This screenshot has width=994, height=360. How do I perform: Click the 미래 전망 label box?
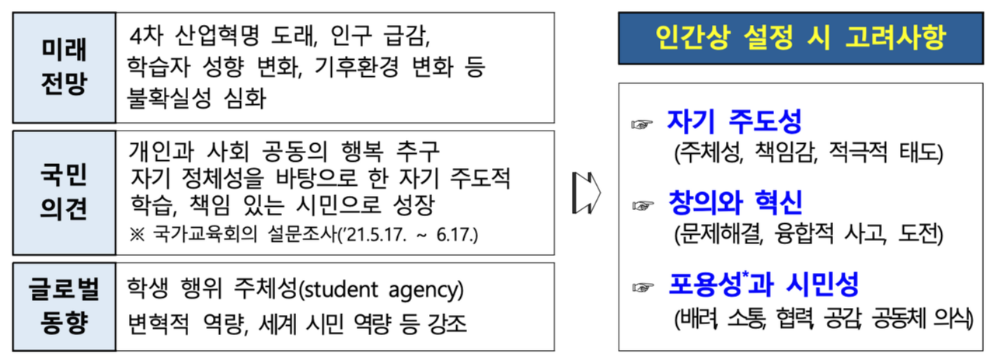pyautogui.click(x=65, y=68)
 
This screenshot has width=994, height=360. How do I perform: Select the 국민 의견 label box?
pyautogui.click(x=65, y=192)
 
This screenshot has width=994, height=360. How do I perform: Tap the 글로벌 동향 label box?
pyautogui.click(x=65, y=306)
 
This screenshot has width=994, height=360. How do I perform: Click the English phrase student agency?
pyautogui.click(x=381, y=292)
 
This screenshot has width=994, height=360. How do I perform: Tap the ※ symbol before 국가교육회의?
pyautogui.click(x=139, y=234)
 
